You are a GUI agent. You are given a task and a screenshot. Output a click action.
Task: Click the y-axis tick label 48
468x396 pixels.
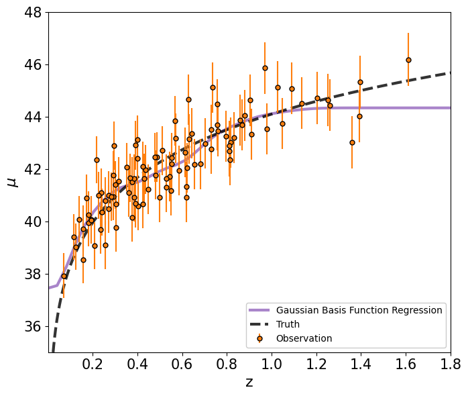(x=33, y=13)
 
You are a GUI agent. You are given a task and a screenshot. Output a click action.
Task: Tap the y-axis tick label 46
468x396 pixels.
(x=33, y=65)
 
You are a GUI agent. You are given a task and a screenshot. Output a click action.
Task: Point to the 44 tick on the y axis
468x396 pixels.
(x=33, y=117)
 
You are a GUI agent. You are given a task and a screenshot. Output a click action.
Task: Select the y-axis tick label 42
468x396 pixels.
(x=33, y=169)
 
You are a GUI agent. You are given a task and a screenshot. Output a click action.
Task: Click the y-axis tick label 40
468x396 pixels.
(x=33, y=221)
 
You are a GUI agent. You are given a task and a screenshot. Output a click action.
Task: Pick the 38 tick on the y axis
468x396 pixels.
(x=33, y=274)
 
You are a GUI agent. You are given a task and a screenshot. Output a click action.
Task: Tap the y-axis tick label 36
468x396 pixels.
(x=33, y=326)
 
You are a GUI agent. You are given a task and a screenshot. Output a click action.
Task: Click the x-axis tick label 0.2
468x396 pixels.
(x=93, y=364)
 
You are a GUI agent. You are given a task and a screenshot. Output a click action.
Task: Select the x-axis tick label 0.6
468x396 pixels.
(x=182, y=364)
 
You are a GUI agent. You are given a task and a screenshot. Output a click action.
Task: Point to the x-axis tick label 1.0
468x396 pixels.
(x=272, y=364)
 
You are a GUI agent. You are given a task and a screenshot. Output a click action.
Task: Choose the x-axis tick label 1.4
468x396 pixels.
(x=361, y=364)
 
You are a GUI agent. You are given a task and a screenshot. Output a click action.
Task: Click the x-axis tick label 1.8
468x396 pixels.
(x=451, y=364)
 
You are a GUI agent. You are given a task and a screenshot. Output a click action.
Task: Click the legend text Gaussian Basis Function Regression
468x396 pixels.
(x=359, y=310)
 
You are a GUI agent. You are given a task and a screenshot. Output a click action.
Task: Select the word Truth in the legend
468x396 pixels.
(x=288, y=324)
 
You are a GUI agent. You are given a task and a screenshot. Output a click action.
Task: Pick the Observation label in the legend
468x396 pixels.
(x=304, y=338)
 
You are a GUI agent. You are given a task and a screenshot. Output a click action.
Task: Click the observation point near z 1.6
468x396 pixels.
(x=408, y=60)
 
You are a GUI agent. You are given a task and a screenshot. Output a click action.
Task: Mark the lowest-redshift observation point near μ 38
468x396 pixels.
(x=64, y=276)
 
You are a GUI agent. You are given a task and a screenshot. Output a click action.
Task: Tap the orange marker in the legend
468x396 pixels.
(x=259, y=338)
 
